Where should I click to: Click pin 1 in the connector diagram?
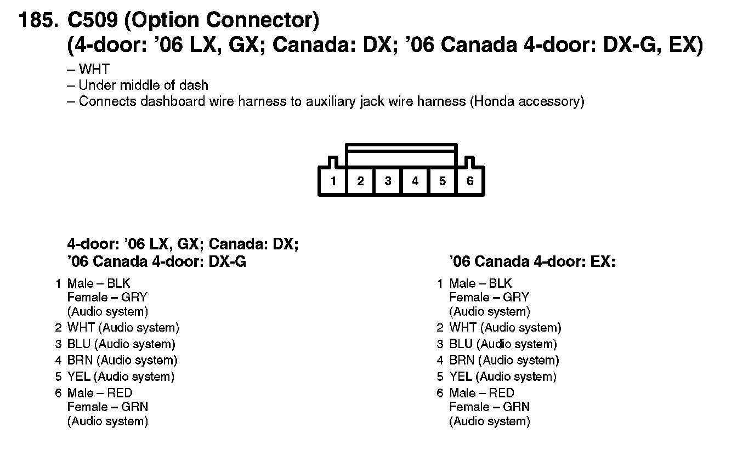333,181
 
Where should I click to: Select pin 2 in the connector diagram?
360,181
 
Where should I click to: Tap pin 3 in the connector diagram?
388,181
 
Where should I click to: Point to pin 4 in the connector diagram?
415,181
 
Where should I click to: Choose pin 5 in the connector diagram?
443,181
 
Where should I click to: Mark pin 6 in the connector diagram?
470,181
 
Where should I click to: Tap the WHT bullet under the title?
94,70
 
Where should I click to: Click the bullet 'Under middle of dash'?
143,86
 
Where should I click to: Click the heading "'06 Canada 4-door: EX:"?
532,262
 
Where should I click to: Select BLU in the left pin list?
78,344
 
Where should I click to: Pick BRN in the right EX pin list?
462,361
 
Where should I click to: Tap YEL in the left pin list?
78,377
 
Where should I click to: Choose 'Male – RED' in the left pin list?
99,393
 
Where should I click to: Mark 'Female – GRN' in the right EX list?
489,407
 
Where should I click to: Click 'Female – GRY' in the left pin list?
107,298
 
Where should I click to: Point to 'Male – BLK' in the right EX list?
480,283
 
